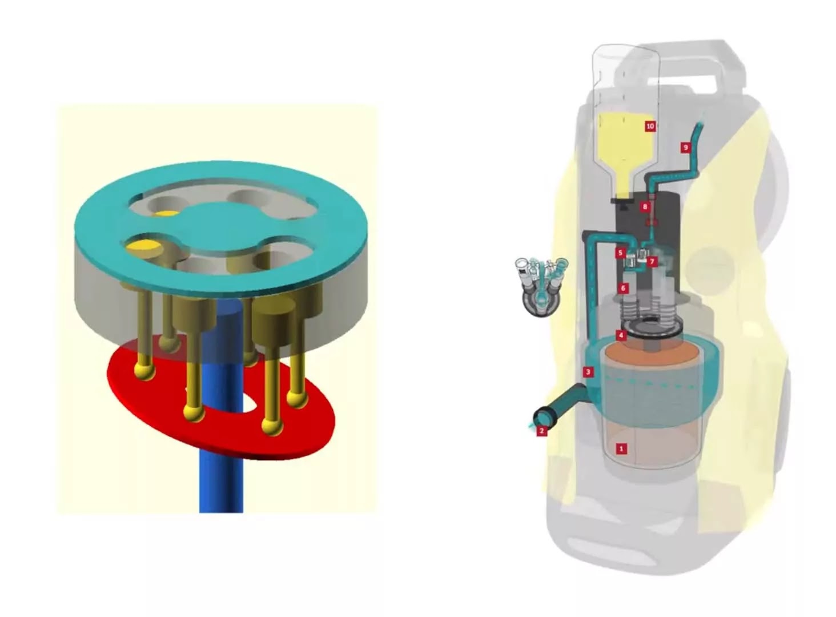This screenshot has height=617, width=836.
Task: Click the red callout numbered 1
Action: (x=621, y=448)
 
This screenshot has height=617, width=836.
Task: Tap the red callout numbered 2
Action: (x=542, y=431)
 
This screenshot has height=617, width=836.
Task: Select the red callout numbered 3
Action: (x=589, y=371)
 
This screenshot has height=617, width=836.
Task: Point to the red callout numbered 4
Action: (x=621, y=335)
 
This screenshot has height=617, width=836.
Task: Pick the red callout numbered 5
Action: (x=620, y=253)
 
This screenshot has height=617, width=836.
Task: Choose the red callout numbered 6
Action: (x=622, y=288)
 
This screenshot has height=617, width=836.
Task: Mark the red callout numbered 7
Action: (x=652, y=262)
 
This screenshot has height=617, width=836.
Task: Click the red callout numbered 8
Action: (x=645, y=207)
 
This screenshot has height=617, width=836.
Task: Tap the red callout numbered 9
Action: (x=685, y=147)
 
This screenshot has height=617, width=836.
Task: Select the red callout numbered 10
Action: (x=650, y=126)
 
